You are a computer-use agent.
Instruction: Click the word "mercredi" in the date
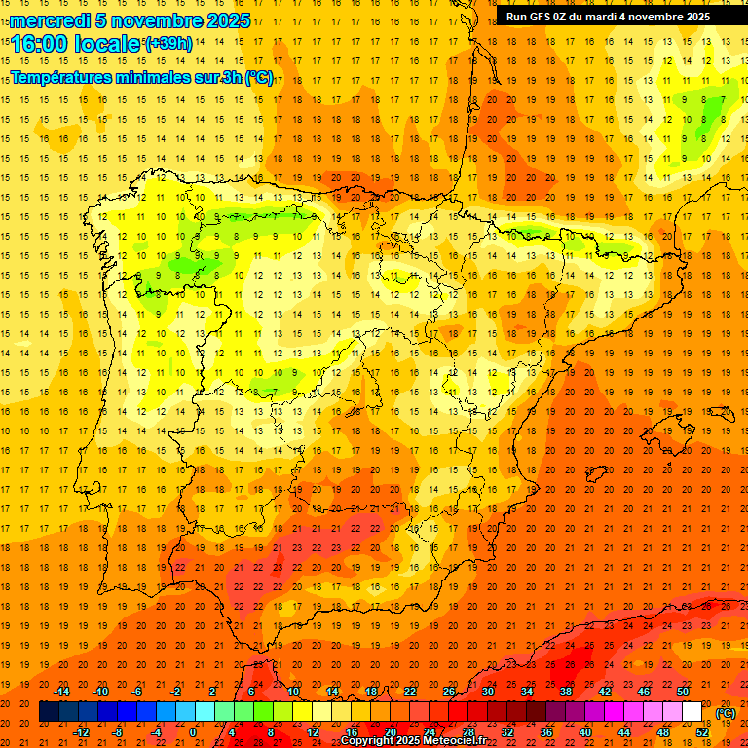[x=52, y=20]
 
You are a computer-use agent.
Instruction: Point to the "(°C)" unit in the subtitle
[x=259, y=77]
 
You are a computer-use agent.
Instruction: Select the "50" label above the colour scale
[x=683, y=692]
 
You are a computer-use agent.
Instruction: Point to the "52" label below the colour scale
[x=702, y=732]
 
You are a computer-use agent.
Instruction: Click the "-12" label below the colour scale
[x=81, y=732]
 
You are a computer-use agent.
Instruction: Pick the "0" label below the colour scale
[x=192, y=732]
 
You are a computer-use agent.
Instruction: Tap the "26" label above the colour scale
[x=449, y=692]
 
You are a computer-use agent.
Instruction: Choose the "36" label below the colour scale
[x=546, y=732]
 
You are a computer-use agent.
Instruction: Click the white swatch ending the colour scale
[x=692, y=712]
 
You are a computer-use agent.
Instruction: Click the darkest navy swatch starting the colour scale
[x=49, y=712]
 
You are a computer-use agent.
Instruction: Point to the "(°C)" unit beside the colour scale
[x=726, y=713]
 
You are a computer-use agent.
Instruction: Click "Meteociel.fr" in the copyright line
[x=458, y=741]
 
